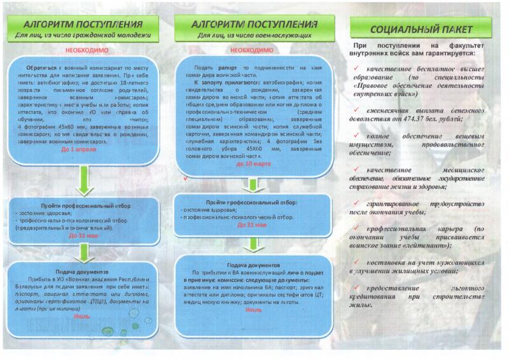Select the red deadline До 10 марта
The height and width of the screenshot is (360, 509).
249,163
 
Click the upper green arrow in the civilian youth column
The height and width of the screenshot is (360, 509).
85,184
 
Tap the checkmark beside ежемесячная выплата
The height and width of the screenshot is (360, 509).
360,110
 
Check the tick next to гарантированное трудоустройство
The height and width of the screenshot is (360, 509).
360,203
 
